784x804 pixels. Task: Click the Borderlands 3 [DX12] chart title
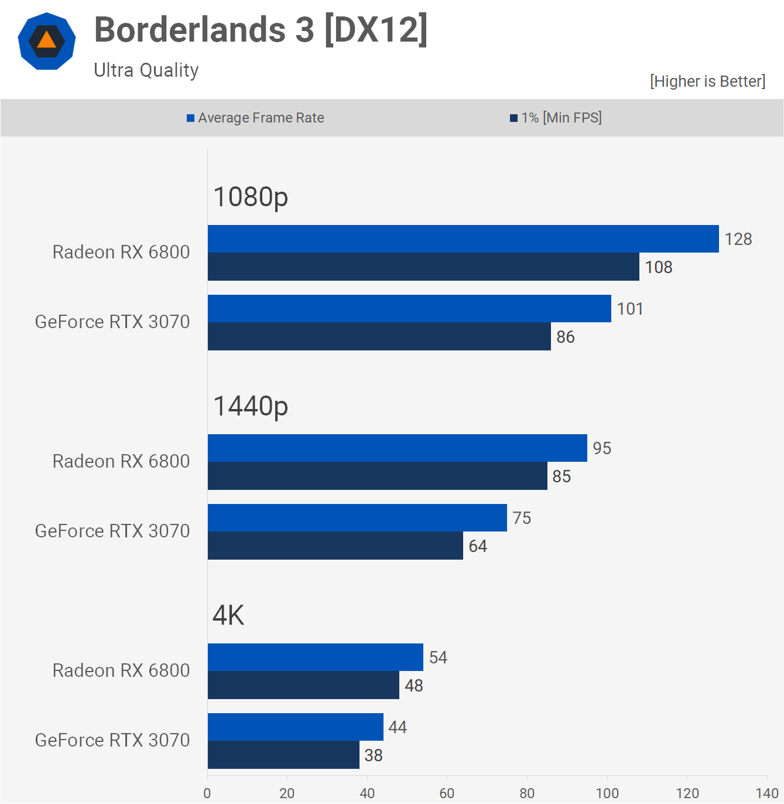tap(261, 30)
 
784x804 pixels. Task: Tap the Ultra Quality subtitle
tap(146, 70)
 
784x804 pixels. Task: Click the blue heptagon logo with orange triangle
tap(47, 41)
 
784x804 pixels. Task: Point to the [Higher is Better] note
tap(707, 81)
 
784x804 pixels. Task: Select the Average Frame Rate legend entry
tap(255, 118)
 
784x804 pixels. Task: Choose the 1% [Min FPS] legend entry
tap(556, 118)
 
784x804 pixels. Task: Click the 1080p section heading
tap(251, 197)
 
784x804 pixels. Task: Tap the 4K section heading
tap(228, 615)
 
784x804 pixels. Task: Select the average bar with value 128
tap(463, 239)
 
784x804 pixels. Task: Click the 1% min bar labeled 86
tap(379, 336)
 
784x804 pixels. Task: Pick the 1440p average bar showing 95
tap(397, 448)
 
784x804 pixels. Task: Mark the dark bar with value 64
tap(335, 546)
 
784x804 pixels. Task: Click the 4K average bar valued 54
tap(315, 657)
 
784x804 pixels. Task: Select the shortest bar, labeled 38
tap(283, 755)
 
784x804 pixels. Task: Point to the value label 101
tap(630, 309)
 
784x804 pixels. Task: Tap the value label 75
tap(522, 518)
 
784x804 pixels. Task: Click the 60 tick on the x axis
tap(447, 793)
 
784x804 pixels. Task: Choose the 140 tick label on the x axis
tap(766, 793)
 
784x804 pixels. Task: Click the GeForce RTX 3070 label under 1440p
tap(112, 531)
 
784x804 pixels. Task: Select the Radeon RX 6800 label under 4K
tap(121, 670)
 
